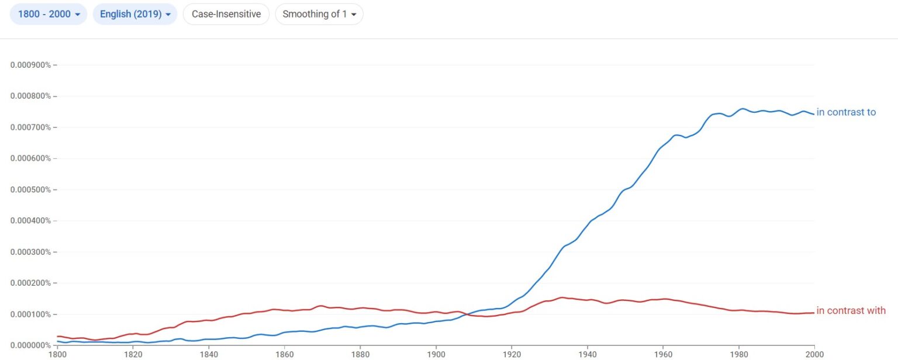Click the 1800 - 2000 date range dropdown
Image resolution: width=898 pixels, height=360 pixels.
tap(49, 14)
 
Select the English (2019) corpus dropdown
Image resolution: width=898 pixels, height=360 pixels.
tap(134, 14)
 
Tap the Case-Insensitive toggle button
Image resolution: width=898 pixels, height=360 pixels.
tap(226, 14)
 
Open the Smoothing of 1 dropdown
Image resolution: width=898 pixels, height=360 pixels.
tap(319, 14)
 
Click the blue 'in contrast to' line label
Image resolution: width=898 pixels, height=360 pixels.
tap(846, 112)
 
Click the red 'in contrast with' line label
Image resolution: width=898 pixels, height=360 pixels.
tap(851, 310)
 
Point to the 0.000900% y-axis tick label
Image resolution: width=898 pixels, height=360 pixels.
tap(30, 64)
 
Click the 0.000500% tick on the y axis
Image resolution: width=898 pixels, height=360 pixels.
tap(30, 189)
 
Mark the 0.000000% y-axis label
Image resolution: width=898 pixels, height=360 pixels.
tap(30, 345)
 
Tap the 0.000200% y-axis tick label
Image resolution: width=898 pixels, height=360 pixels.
tap(30, 283)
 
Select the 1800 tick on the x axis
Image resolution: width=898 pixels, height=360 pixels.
tap(57, 354)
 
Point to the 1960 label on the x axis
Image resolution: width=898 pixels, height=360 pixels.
tap(663, 354)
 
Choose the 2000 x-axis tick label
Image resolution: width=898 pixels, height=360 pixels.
tap(814, 354)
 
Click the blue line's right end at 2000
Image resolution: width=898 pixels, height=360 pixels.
tap(813, 113)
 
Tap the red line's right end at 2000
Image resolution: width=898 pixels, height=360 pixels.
tap(813, 313)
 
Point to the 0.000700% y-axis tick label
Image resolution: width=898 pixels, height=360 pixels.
tap(30, 127)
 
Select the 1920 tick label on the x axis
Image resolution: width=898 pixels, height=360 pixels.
tap(512, 354)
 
